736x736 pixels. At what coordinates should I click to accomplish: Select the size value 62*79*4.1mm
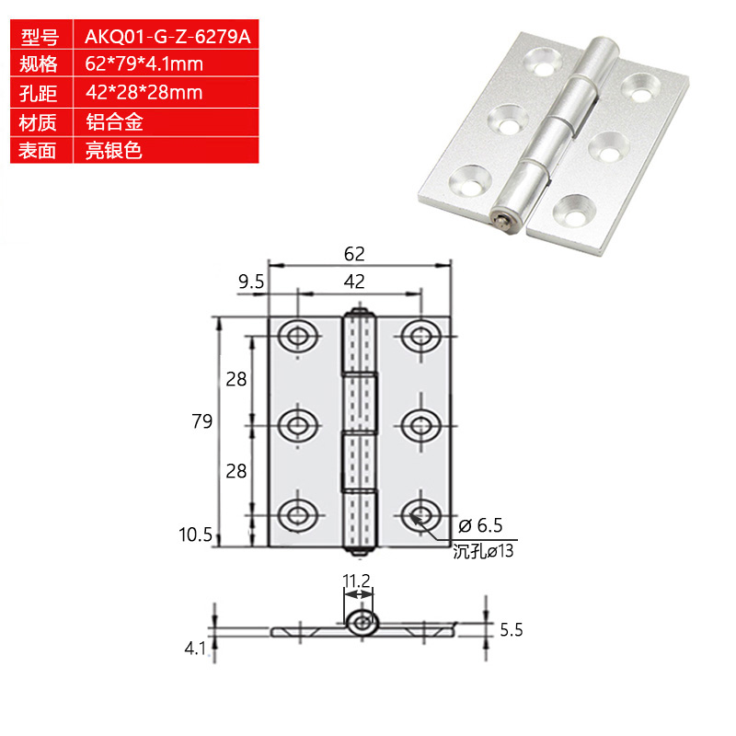pos(144,64)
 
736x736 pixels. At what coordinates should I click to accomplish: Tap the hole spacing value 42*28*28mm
pos(144,93)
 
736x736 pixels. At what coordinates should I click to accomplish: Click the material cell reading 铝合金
pos(114,121)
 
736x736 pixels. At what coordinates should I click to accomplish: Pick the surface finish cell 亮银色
pos(114,150)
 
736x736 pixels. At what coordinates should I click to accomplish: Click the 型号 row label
pos(40,37)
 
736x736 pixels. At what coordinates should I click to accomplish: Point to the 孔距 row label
pos(40,93)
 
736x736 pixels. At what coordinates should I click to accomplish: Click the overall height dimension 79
pos(202,421)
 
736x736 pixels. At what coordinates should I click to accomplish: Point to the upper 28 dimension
pos(236,378)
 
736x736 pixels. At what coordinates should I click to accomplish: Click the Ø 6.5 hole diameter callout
pos(477,526)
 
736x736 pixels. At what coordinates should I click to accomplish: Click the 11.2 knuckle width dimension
pos(356,581)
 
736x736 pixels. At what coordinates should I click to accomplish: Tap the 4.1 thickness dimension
pos(193,648)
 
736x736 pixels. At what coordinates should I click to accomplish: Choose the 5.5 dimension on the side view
pos(512,631)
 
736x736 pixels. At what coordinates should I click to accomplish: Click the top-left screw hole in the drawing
pos(296,336)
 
